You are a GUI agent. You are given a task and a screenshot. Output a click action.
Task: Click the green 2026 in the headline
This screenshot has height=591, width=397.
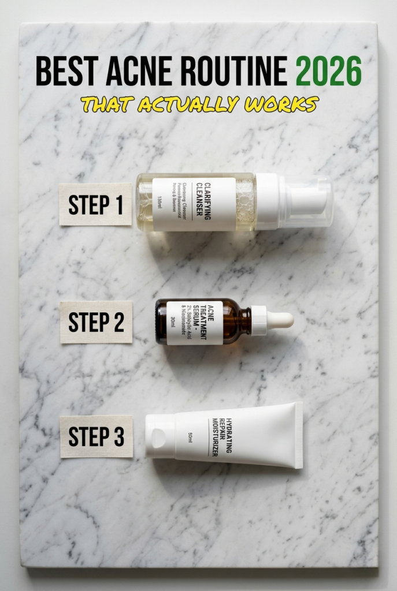pos(328,71)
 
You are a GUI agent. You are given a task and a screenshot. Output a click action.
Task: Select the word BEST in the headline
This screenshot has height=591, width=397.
pos(61,71)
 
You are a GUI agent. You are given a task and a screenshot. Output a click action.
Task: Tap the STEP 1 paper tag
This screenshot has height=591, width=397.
pos(96,204)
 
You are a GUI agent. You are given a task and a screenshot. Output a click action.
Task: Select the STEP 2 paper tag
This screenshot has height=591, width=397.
pos(96,322)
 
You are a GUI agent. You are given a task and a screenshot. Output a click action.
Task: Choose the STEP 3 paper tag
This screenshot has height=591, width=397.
pos(96,436)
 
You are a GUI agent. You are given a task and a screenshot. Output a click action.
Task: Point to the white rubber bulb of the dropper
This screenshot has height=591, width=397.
pos(280,321)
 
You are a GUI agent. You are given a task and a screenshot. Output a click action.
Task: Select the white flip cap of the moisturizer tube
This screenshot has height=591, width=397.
pos(160,436)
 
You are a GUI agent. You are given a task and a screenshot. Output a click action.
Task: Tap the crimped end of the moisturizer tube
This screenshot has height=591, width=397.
pos(298,435)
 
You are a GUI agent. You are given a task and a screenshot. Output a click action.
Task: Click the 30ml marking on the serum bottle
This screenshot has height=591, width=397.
pos(173,322)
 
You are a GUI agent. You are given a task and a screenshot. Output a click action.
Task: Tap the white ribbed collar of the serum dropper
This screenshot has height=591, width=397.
pos(259,321)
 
